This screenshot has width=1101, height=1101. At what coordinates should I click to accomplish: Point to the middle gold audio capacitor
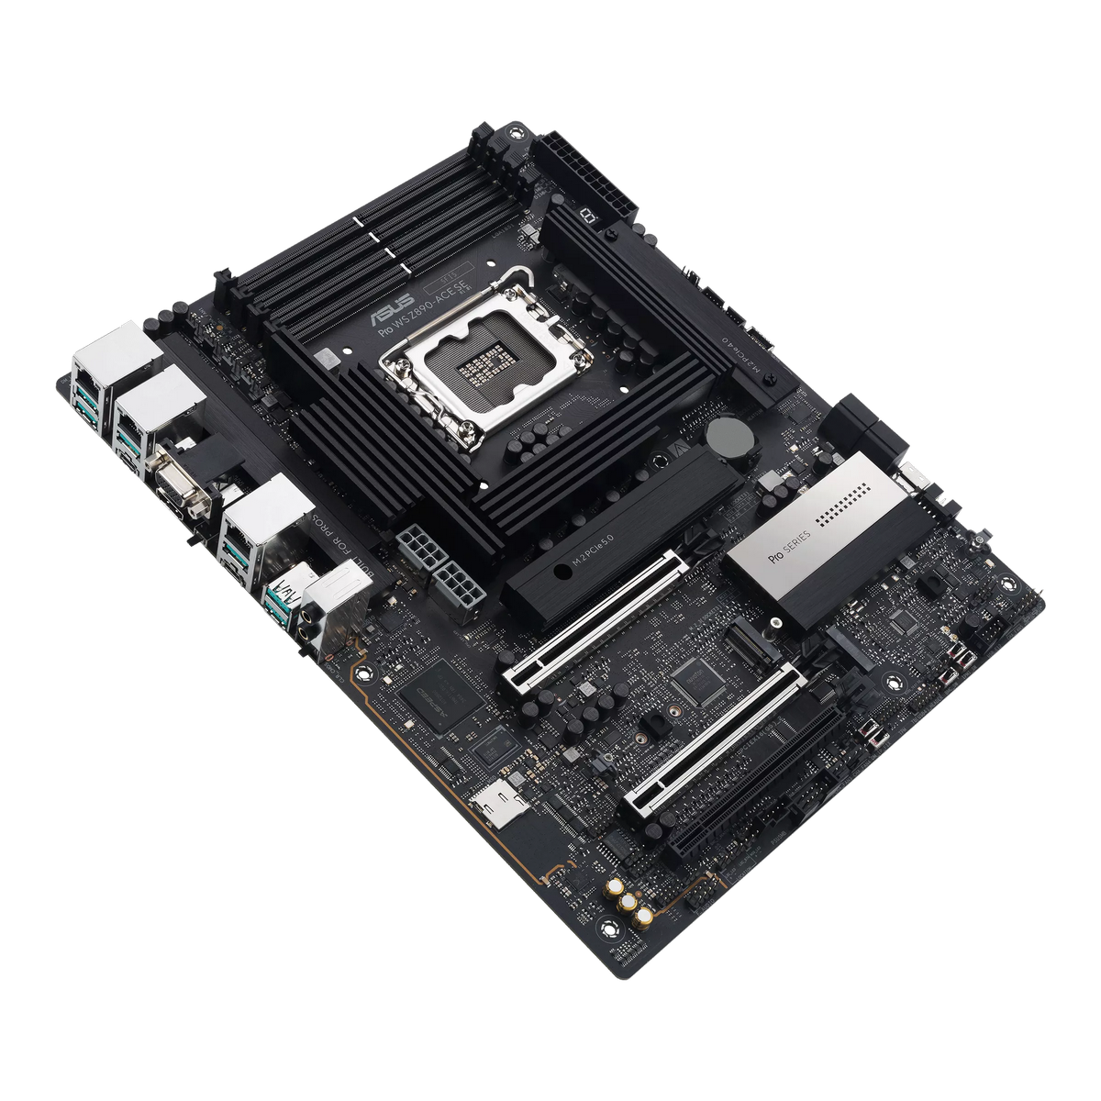click(x=630, y=903)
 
